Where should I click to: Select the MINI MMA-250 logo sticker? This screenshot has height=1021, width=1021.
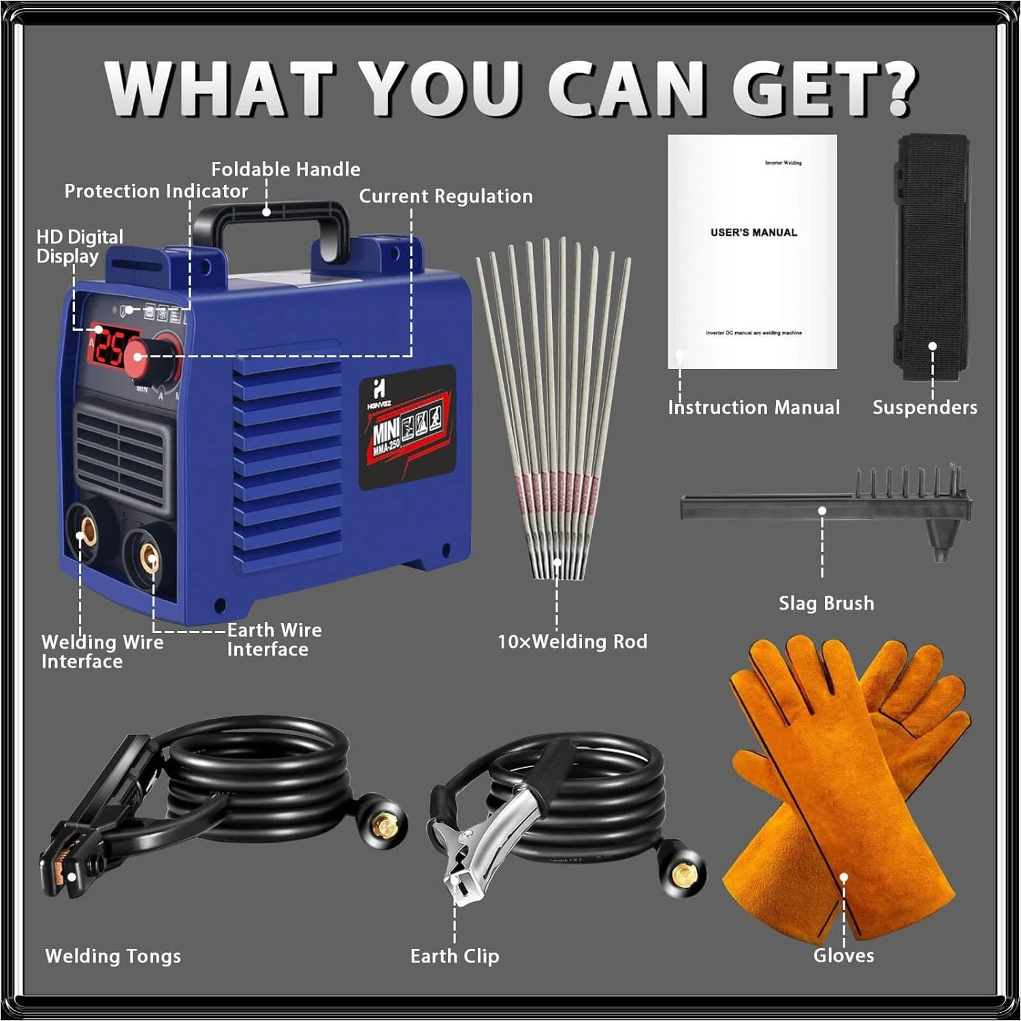coord(407,427)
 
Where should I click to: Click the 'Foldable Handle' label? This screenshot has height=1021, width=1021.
coord(285,169)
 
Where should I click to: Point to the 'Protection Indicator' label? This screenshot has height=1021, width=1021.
coord(156,191)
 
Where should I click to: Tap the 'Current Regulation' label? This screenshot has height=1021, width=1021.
coord(446,197)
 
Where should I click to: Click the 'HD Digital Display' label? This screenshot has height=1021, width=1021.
coord(79,246)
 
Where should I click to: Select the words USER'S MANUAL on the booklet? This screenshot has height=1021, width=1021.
coord(753,233)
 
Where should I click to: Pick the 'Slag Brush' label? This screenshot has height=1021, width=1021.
coord(826,603)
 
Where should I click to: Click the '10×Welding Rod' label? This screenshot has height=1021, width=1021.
coord(572,641)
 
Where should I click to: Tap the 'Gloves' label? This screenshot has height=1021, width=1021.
coord(843,956)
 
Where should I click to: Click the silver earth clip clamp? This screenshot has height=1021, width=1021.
coord(485,851)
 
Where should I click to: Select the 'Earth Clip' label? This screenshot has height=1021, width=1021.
coord(455,956)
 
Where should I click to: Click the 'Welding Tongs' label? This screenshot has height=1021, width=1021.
coord(113,956)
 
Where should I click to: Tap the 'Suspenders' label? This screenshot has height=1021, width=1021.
coord(924,408)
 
